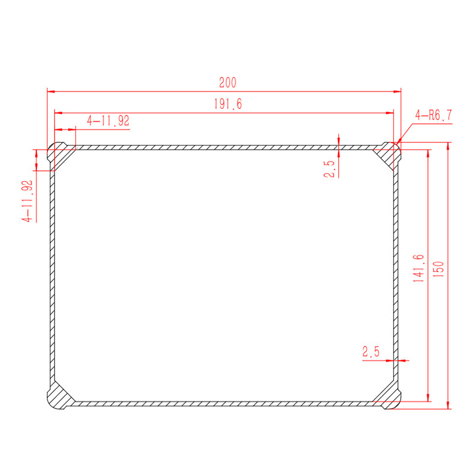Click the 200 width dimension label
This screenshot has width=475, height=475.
(228, 83)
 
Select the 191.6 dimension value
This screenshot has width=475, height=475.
(228, 104)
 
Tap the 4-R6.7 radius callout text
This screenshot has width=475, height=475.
(433, 115)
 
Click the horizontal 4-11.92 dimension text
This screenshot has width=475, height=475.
(108, 121)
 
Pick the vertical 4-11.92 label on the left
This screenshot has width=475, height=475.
(27, 201)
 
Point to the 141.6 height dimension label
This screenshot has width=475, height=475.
(419, 268)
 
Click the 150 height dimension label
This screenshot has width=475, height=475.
(439, 270)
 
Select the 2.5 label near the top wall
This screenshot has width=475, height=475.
(329, 169)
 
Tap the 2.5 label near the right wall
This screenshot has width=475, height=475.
(370, 351)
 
